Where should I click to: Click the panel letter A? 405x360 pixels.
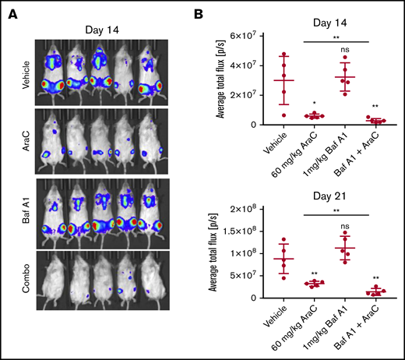coord(12,11)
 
